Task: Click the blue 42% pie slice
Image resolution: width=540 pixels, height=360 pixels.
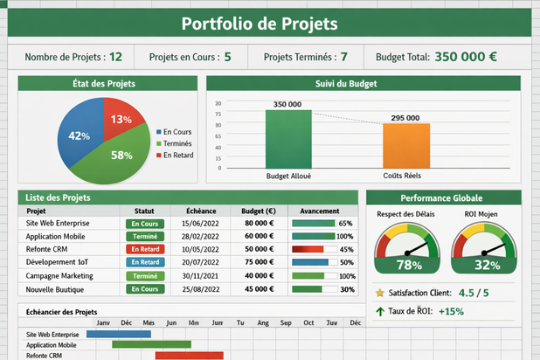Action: [80, 136]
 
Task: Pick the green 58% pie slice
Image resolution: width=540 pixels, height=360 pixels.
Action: [119, 156]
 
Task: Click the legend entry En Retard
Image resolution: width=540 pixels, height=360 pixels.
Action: [178, 156]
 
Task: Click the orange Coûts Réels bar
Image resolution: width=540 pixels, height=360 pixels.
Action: [405, 145]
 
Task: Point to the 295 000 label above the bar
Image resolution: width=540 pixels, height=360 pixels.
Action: [405, 118]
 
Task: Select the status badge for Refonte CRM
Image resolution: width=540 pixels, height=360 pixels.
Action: [144, 249]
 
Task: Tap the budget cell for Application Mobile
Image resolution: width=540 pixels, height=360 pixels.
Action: [259, 236]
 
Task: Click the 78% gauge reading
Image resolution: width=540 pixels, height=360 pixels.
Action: [409, 265]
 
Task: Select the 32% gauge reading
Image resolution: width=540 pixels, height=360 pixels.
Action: [487, 265]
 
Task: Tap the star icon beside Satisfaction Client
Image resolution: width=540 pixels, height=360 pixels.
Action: [379, 293]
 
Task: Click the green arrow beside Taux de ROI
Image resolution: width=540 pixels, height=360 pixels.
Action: [379, 311]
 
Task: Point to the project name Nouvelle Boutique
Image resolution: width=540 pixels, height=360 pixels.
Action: [54, 289]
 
